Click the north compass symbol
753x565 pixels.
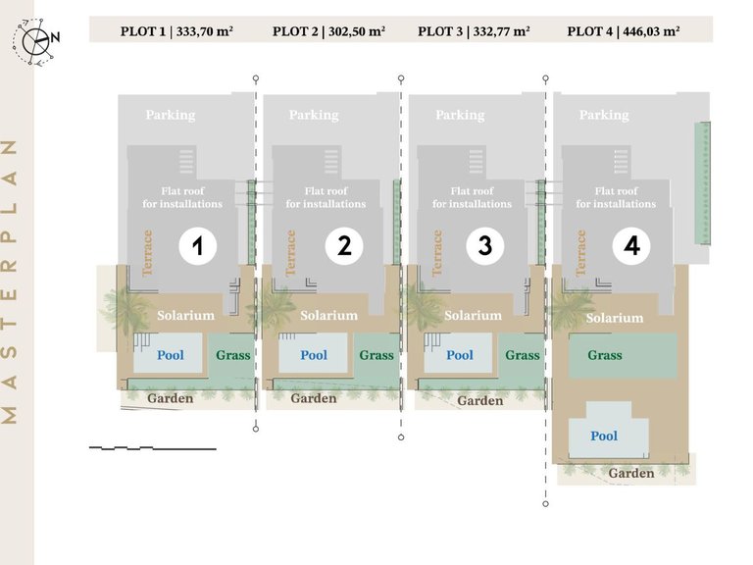coord(35,41)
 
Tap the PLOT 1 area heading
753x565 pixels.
coord(176,31)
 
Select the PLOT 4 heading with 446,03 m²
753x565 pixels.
coord(624,31)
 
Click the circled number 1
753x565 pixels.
coord(197,246)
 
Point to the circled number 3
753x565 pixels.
coord(485,246)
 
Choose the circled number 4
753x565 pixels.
coord(631,246)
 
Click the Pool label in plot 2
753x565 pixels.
coord(314,355)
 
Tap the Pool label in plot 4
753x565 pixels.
coord(604,436)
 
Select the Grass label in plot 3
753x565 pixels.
coord(523,355)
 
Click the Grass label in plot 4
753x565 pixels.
coord(605,355)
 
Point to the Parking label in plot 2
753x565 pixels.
coord(314,116)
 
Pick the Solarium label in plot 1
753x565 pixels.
coord(186,315)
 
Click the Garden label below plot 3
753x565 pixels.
coord(480,400)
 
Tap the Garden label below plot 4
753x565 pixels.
coord(631,473)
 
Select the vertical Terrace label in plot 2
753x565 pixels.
coord(290,253)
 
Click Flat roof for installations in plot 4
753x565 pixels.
coord(616,197)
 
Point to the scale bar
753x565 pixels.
coord(153,448)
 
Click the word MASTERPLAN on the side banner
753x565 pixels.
coord(10,282)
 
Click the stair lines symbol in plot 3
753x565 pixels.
coord(476,162)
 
